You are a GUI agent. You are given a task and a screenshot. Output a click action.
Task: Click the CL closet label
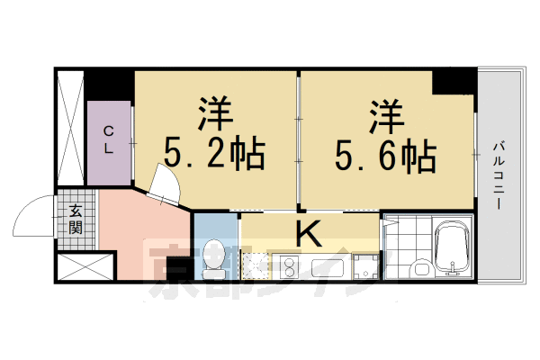108,141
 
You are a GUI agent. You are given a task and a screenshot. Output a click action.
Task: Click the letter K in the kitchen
308,233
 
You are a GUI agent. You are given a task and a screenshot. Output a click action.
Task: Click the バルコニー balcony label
497,175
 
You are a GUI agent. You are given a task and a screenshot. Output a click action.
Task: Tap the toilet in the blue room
214,257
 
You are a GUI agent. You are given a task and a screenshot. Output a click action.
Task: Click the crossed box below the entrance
86,268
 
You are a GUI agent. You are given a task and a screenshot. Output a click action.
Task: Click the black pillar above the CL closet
110,85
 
